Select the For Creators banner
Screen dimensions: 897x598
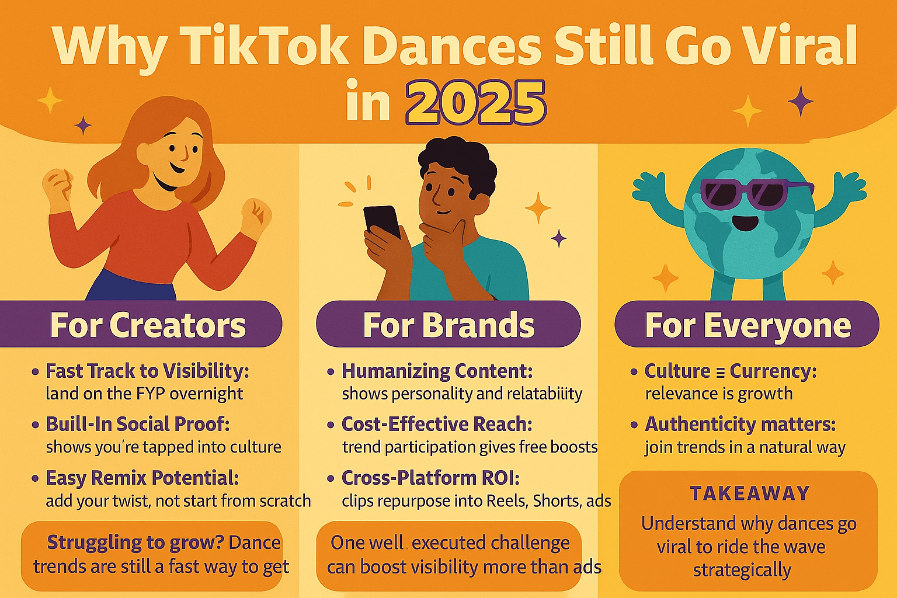coord(141,324)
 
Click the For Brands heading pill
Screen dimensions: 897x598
coord(448,324)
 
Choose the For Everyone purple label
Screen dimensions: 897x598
coord(747,324)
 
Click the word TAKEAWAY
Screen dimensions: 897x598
coord(750,493)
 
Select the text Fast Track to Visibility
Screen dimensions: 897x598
coord(147,371)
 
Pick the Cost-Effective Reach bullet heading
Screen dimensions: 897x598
coord(437,424)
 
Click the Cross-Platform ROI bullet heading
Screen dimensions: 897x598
coord(430,478)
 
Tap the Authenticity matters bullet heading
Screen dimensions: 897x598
coord(740,425)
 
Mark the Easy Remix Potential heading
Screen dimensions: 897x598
coord(142,478)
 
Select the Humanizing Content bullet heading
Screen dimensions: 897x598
coord(437,371)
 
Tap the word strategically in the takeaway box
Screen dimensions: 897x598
coord(742,570)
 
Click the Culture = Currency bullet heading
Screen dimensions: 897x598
coord(731,371)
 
